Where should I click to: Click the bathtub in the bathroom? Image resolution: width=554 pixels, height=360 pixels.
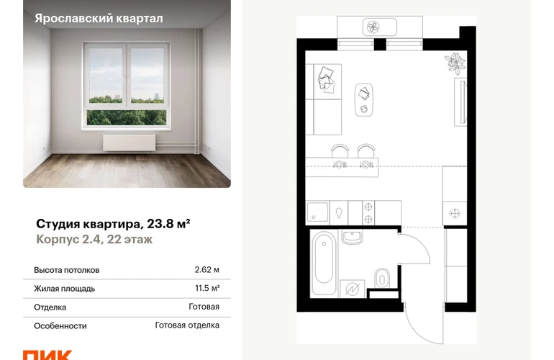(x=324, y=263)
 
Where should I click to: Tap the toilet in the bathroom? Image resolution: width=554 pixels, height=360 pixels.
(x=381, y=278)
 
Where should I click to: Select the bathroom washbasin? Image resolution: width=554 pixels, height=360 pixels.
(x=353, y=237)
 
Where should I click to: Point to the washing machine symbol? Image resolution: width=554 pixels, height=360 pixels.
(x=352, y=289)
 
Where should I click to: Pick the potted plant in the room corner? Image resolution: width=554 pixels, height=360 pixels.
(x=455, y=63)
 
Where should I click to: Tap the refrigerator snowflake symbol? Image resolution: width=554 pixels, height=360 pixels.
(x=455, y=214)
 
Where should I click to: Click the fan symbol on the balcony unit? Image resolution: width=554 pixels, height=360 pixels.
(x=373, y=27)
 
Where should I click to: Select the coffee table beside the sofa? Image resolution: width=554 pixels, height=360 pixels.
(x=363, y=100)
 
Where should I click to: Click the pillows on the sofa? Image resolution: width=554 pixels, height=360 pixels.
(x=326, y=80)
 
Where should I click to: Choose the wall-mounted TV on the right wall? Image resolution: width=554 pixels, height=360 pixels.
(x=460, y=102)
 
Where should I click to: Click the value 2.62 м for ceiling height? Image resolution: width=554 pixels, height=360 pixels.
(x=206, y=270)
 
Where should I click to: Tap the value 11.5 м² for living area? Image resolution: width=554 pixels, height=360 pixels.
(x=207, y=288)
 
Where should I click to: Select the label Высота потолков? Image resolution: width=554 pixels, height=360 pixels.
(x=66, y=270)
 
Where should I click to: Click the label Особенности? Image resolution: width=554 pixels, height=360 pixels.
(x=60, y=326)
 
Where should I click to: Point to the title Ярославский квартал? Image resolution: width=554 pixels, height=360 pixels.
(x=99, y=19)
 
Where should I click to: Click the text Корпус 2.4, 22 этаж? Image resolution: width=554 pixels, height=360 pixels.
(x=94, y=240)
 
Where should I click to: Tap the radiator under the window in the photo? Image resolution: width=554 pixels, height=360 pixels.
(x=129, y=143)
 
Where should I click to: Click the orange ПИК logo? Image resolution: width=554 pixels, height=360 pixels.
(x=47, y=355)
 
